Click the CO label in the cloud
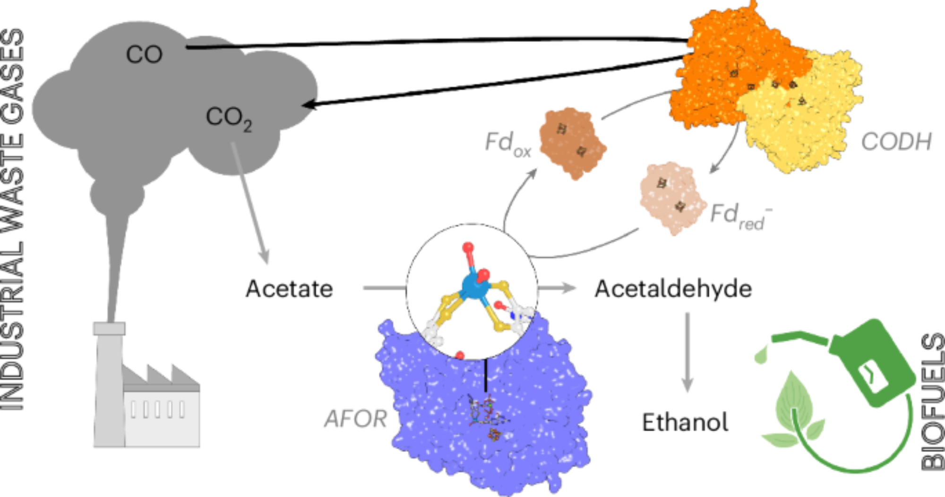(144, 54)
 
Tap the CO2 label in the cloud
(229, 118)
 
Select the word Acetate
(289, 288)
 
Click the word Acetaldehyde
(673, 288)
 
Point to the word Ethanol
(685, 422)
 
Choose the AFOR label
(355, 419)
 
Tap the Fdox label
(507, 143)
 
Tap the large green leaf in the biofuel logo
(794, 402)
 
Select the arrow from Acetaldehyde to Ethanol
(687, 352)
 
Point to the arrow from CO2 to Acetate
(250, 203)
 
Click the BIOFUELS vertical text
(932, 402)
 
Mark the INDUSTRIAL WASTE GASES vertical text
(13, 220)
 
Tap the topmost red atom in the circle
(468, 248)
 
